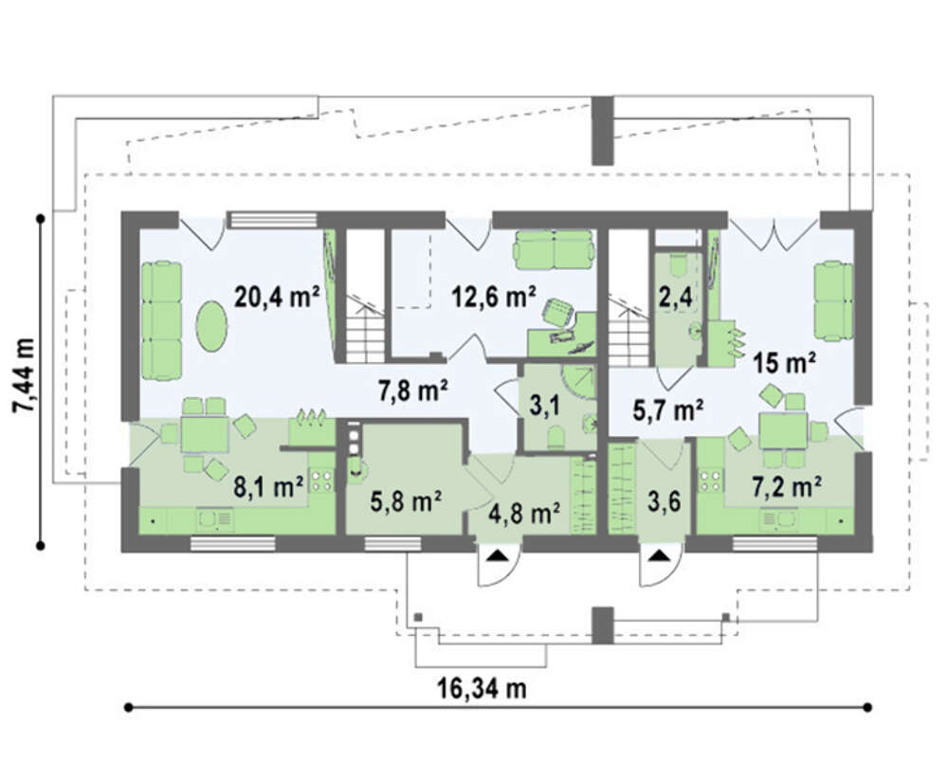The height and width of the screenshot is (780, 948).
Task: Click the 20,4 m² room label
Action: [x=278, y=298]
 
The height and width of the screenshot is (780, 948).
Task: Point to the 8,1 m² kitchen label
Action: [x=268, y=487]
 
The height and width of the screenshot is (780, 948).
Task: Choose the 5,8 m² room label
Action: [x=406, y=501]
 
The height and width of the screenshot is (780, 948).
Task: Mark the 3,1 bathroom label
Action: [x=543, y=405]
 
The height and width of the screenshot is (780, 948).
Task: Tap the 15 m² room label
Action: [x=785, y=363]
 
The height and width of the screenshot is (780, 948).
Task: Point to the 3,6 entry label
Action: [x=664, y=501]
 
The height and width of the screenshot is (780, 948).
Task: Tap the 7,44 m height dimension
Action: [x=25, y=375]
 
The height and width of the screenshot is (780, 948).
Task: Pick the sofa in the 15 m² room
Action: [x=833, y=300]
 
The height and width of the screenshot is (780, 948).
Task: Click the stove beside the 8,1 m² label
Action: [x=321, y=481]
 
